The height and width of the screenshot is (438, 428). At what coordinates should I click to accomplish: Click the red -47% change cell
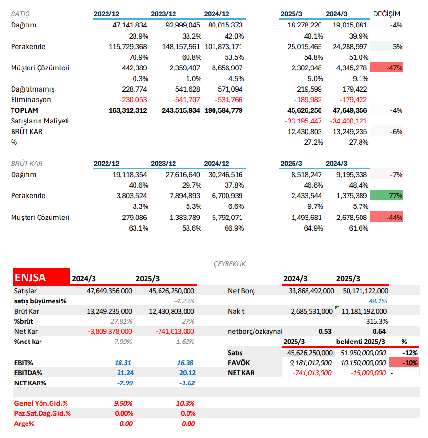(x=386, y=68)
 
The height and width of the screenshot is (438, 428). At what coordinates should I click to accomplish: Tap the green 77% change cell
(x=386, y=196)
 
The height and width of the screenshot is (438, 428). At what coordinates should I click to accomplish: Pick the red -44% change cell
(x=386, y=217)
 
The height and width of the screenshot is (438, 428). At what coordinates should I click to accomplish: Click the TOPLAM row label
(x=24, y=110)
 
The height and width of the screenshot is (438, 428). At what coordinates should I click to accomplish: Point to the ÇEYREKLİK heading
(x=229, y=264)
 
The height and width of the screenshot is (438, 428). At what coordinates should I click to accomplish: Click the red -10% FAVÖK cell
(x=403, y=363)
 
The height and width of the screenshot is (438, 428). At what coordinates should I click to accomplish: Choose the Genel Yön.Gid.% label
(x=41, y=403)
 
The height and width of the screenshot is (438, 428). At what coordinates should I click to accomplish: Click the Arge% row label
(x=24, y=424)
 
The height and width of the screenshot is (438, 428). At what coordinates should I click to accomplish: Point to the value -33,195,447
(x=303, y=121)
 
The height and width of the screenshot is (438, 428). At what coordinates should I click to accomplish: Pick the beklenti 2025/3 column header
(x=361, y=342)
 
